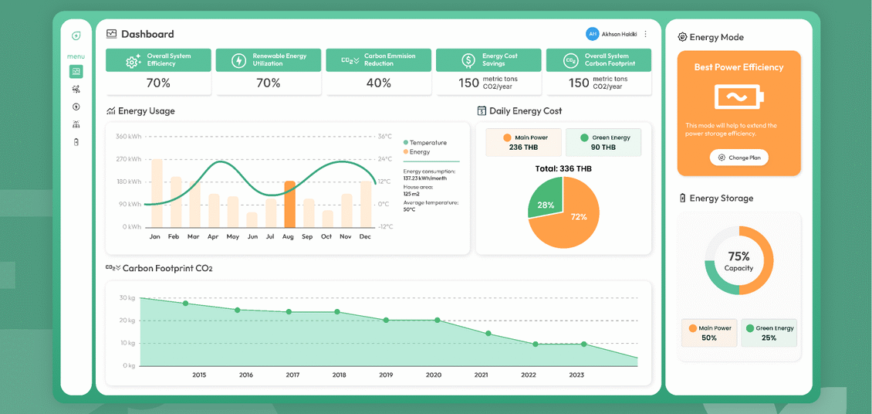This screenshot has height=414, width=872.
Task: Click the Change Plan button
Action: click(738, 158)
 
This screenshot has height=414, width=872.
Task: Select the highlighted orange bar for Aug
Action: click(289, 204)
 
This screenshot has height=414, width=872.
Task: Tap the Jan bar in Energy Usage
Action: click(157, 193)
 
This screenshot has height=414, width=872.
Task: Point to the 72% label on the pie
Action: click(578, 217)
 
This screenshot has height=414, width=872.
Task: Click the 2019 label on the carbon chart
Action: click(386, 375)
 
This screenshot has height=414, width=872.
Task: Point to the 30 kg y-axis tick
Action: click(127, 297)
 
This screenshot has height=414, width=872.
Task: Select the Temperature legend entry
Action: click(425, 142)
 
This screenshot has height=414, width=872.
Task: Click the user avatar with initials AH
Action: click(593, 34)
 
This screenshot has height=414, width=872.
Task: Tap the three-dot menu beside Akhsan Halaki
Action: click(645, 34)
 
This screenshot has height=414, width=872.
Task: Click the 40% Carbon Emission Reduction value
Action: click(379, 83)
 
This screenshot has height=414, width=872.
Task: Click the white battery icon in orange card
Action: click(739, 97)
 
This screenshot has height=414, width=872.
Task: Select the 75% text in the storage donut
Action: click(739, 256)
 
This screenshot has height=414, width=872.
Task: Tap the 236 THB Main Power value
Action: click(523, 148)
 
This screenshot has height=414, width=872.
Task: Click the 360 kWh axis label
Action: click(128, 137)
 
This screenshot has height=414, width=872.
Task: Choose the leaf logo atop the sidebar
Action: click(76, 36)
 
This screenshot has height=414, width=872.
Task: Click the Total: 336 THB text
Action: click(563, 168)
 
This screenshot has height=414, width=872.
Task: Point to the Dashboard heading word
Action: click(147, 34)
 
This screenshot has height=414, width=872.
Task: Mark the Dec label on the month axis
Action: click(365, 236)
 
